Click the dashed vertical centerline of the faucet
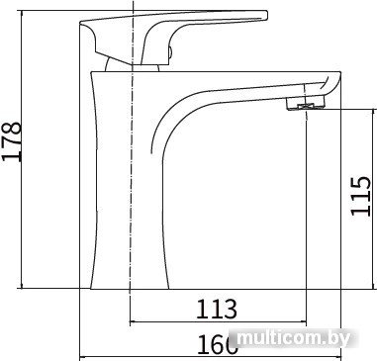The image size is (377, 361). tap(131, 198)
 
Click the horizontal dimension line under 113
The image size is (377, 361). tap(218, 323)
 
